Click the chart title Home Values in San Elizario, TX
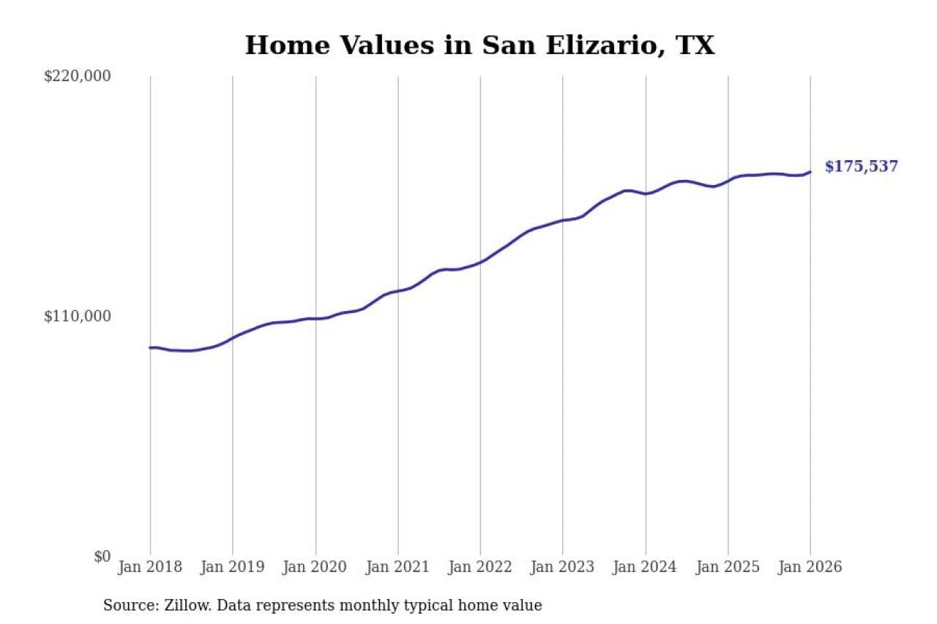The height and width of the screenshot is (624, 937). click(x=479, y=45)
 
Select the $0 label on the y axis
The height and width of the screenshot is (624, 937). click(x=102, y=557)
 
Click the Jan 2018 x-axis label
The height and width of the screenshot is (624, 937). click(x=150, y=567)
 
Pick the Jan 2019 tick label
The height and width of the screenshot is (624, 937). click(x=233, y=567)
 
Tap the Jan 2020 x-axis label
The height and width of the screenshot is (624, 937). click(x=316, y=567)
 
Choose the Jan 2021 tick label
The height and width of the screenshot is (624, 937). click(x=398, y=567)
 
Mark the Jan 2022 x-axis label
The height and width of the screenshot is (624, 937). click(x=480, y=567)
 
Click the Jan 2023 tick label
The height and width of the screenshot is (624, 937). click(x=563, y=567)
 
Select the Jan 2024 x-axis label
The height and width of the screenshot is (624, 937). click(x=646, y=567)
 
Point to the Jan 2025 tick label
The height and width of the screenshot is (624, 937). click(x=728, y=567)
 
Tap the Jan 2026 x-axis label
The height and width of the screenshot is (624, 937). click(x=810, y=567)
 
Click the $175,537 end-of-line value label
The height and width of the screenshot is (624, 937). click(x=861, y=167)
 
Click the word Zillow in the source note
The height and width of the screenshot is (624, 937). click(x=184, y=606)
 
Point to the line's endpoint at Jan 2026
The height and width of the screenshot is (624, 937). click(x=810, y=172)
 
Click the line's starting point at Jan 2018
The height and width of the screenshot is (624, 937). click(x=150, y=347)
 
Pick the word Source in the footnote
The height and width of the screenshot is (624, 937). click(x=125, y=606)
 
